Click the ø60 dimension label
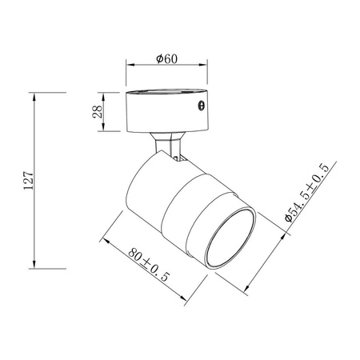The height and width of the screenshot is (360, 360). click(166, 58)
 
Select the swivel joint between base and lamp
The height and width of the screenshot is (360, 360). click(170, 146)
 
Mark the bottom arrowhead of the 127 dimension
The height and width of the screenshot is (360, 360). click(34, 266)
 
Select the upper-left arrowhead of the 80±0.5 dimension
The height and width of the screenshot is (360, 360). click(105, 237)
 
